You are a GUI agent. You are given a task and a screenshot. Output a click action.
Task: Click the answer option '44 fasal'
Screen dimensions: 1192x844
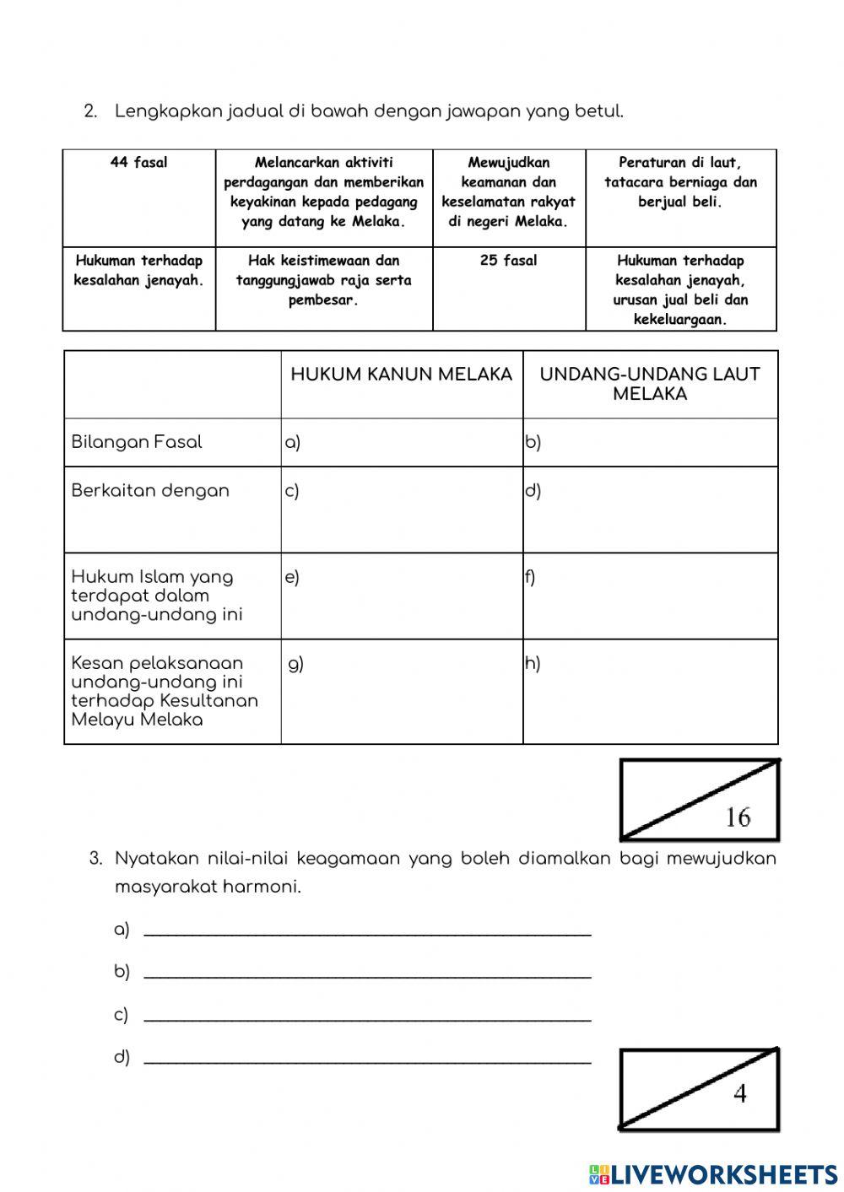138,163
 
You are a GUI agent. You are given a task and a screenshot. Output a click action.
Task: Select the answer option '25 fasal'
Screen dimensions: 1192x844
508,261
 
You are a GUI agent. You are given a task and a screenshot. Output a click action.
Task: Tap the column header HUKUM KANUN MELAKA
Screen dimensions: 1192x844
401,375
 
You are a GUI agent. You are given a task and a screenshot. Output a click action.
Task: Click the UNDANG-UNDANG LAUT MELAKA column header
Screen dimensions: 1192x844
649,384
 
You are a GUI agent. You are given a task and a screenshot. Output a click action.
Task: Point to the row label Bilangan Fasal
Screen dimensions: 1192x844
137,442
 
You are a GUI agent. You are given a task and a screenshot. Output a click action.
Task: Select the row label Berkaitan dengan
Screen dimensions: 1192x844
150,491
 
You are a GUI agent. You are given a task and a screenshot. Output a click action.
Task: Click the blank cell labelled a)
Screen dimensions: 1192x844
402,443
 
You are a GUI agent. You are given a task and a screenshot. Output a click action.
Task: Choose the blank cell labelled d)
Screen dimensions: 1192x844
650,510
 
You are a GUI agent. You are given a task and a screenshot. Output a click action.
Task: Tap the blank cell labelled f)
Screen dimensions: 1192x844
650,596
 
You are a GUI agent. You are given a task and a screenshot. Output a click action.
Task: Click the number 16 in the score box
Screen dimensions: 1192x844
737,817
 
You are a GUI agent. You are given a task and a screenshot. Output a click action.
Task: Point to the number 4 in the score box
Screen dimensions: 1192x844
739,1094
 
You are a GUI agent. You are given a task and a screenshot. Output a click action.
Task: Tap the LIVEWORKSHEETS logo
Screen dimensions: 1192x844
712,1173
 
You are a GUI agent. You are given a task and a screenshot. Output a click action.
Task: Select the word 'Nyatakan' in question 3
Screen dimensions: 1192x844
157,859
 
